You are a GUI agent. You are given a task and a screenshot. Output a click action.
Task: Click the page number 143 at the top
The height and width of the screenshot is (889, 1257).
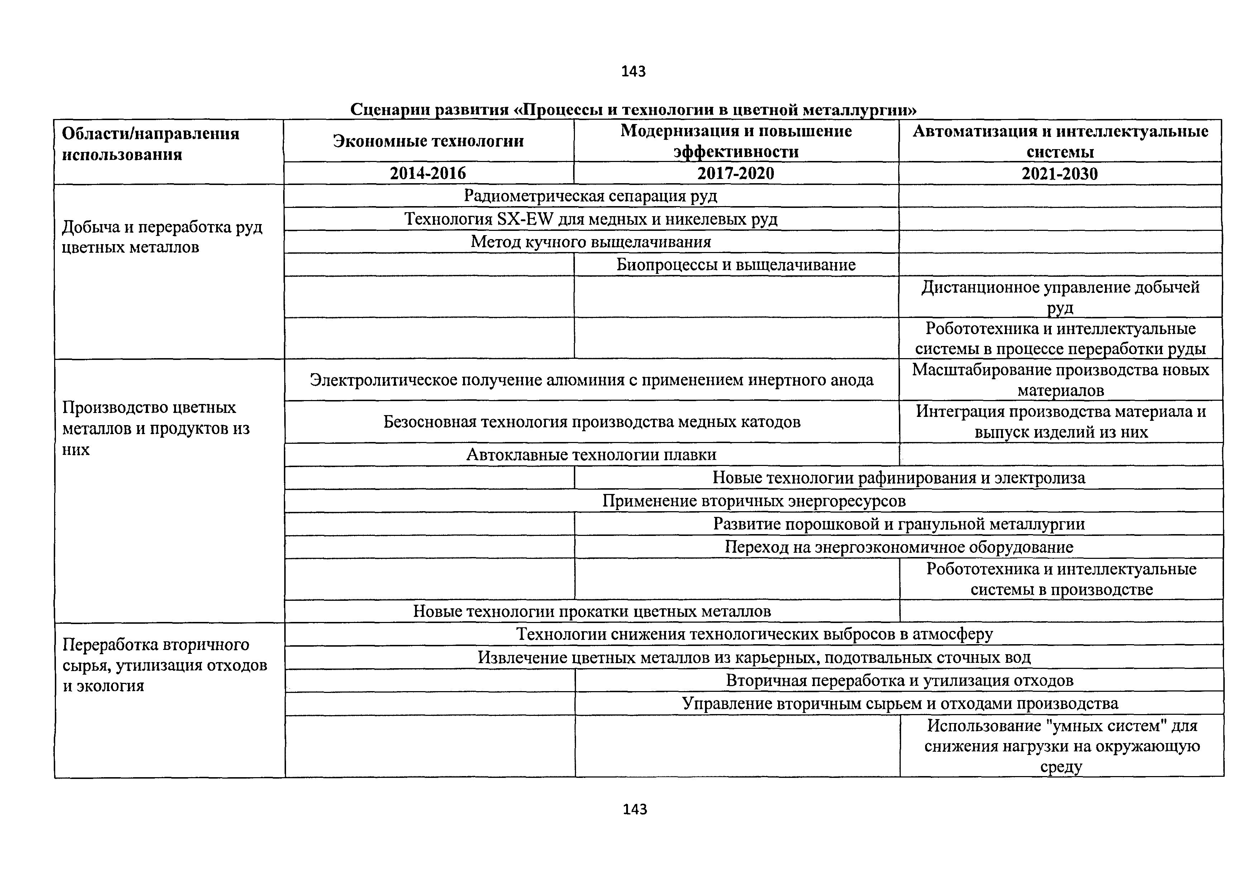tap(633, 71)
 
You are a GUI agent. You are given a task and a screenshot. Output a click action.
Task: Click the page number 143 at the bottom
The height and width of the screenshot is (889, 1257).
tap(634, 809)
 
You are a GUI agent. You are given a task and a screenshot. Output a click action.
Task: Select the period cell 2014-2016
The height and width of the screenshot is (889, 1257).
tap(428, 173)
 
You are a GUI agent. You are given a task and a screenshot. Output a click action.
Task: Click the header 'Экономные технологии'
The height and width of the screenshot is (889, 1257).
tap(428, 141)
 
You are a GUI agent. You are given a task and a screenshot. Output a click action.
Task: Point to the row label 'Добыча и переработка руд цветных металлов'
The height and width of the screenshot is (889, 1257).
tap(162, 237)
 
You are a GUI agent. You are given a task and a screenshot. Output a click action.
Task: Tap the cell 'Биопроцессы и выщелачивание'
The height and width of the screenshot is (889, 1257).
tap(736, 265)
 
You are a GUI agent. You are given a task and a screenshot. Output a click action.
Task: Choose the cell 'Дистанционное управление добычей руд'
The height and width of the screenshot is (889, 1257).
tap(1060, 297)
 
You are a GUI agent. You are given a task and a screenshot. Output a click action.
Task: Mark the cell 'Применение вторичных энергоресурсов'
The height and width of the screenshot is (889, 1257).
tap(754, 500)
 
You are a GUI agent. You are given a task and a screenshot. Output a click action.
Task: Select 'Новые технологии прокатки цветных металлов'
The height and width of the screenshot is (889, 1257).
tap(591, 611)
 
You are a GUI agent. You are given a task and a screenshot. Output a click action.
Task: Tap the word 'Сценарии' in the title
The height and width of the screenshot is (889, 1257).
tap(390, 110)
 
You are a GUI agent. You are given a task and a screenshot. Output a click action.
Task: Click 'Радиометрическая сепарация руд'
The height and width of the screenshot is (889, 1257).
tap(590, 196)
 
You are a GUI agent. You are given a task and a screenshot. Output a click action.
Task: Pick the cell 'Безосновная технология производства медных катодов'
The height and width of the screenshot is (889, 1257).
tap(591, 422)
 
